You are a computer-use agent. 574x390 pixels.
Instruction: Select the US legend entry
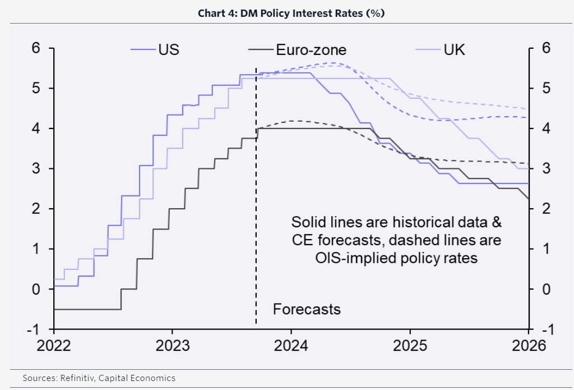pyautogui.click(x=168, y=49)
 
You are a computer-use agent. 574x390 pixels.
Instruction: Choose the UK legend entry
pyautogui.click(x=454, y=49)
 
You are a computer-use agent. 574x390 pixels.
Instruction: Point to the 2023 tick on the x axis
pyautogui.click(x=172, y=346)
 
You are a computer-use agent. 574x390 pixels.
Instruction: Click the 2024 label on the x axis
pyautogui.click(x=291, y=346)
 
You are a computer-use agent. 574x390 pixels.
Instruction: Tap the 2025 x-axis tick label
pyautogui.click(x=410, y=346)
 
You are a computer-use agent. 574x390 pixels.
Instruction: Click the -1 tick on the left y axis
pyautogui.click(x=34, y=329)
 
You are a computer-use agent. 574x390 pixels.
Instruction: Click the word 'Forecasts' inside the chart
pyautogui.click(x=307, y=309)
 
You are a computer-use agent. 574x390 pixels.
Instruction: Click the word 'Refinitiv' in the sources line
pyautogui.click(x=78, y=378)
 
